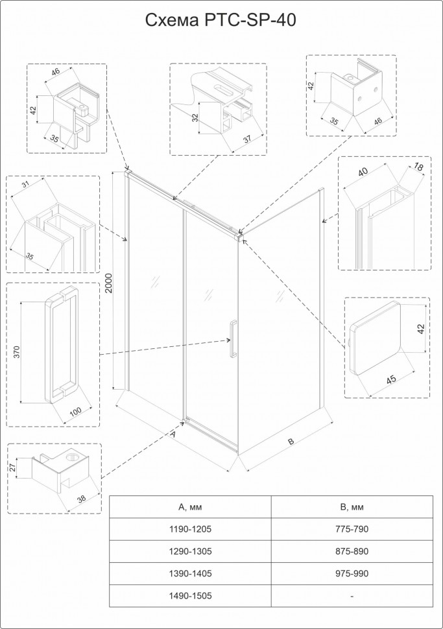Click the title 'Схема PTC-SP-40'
(x=221, y=21)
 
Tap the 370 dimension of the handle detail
(x=18, y=352)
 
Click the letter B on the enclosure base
(x=291, y=441)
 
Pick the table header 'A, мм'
(x=190, y=506)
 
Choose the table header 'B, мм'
(x=352, y=506)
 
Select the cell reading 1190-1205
(x=190, y=529)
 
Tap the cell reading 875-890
(x=352, y=551)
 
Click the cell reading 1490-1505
(x=190, y=595)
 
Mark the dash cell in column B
(x=352, y=595)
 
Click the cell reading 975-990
(x=352, y=573)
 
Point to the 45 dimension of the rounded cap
(x=391, y=379)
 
